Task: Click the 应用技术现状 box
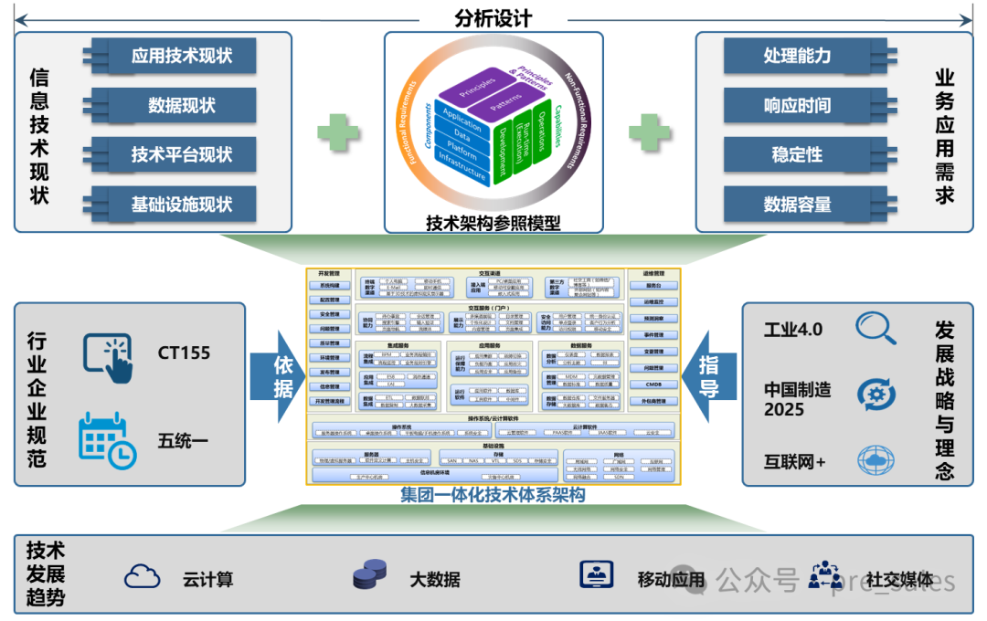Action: [181, 57]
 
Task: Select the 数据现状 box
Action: [181, 106]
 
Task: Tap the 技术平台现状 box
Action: [181, 155]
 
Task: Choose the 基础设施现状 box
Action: [181, 205]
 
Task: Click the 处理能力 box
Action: [797, 57]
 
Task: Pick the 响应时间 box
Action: [797, 106]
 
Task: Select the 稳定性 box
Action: [797, 155]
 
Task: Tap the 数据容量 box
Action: [797, 205]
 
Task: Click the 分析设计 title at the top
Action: [493, 18]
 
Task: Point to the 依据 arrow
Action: [283, 375]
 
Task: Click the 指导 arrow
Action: [708, 375]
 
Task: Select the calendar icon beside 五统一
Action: [107, 440]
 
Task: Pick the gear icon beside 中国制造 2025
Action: [876, 395]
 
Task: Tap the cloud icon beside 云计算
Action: [143, 576]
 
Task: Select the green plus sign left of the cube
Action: [337, 134]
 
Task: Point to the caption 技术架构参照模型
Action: [493, 222]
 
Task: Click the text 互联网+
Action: [795, 462]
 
